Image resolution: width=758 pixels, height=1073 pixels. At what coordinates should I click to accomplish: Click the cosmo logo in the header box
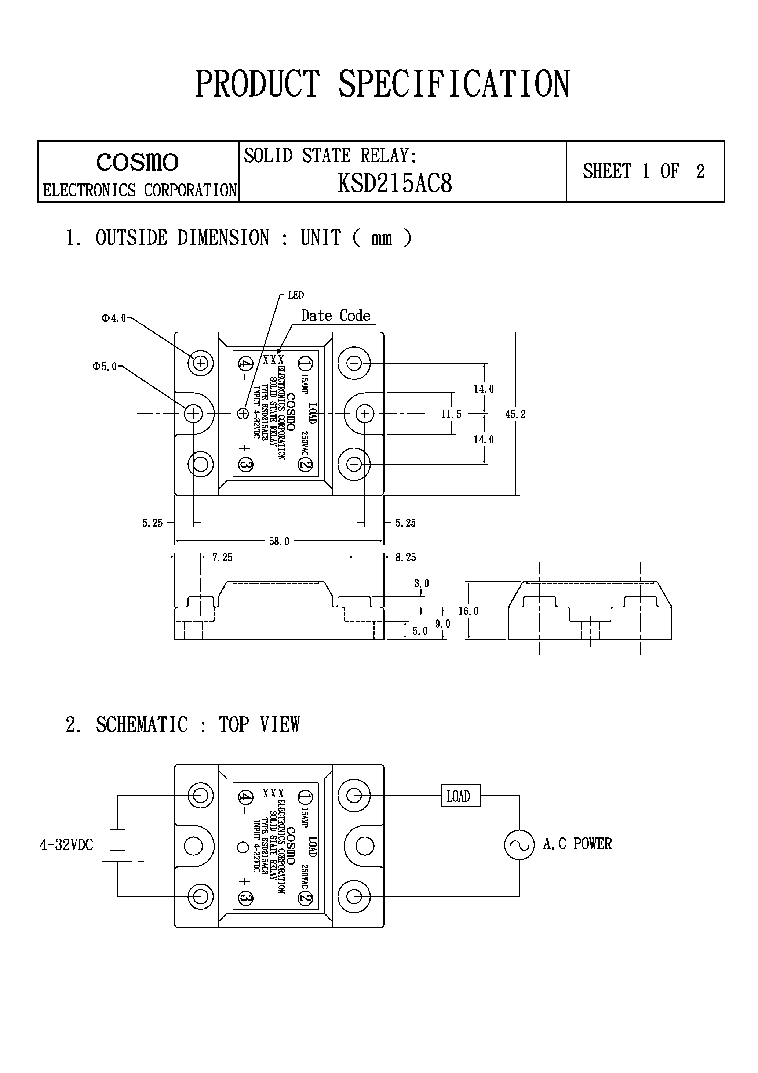pyautogui.click(x=137, y=162)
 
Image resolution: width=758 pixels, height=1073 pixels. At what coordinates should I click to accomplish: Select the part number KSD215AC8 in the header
pyautogui.click(x=395, y=183)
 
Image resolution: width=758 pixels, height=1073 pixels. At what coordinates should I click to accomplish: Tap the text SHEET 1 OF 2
pyautogui.click(x=644, y=171)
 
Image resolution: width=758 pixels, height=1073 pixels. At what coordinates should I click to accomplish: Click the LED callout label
pyautogui.click(x=296, y=295)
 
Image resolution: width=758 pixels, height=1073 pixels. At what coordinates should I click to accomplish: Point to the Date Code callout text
pyautogui.click(x=336, y=316)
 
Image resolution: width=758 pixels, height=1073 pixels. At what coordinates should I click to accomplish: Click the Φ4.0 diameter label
pyautogui.click(x=114, y=318)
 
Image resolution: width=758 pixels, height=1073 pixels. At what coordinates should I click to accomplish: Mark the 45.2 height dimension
pyautogui.click(x=515, y=414)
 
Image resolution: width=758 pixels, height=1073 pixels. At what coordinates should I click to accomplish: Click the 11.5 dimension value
pyautogui.click(x=451, y=414)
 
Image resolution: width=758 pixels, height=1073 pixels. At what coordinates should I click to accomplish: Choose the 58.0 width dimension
pyautogui.click(x=279, y=541)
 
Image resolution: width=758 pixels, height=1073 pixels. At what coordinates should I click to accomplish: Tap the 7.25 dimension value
pyautogui.click(x=222, y=557)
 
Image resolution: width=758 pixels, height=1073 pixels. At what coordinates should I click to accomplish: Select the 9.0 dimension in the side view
pyautogui.click(x=442, y=623)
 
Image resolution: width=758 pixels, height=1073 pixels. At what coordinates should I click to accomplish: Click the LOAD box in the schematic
pyautogui.click(x=460, y=796)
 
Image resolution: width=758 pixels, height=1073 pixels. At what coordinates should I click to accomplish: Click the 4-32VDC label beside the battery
pyautogui.click(x=66, y=845)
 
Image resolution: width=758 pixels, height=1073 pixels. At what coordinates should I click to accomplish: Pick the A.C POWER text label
pyautogui.click(x=577, y=844)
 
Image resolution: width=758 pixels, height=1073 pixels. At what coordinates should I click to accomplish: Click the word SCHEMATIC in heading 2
pyautogui.click(x=142, y=725)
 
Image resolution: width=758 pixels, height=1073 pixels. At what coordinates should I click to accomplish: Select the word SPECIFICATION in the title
pyautogui.click(x=453, y=84)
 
